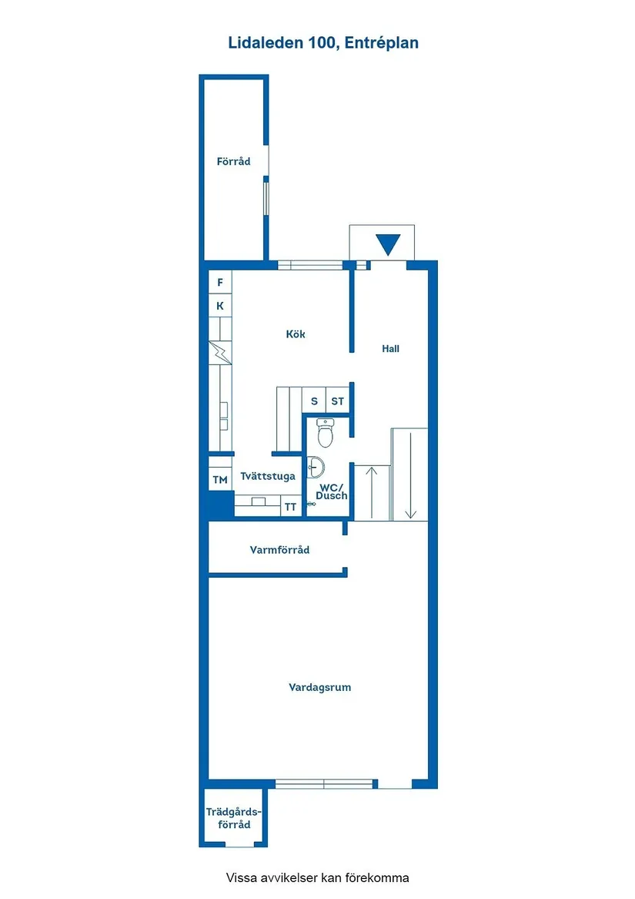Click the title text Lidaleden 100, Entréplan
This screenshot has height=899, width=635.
pyautogui.click(x=323, y=43)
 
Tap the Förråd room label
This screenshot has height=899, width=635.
pyautogui.click(x=233, y=162)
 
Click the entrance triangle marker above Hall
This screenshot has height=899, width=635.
pyautogui.click(x=388, y=244)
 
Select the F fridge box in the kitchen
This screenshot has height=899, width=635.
pyautogui.click(x=220, y=283)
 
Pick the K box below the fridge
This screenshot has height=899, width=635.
pyautogui.click(x=220, y=307)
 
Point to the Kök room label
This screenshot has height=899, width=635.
pyautogui.click(x=296, y=334)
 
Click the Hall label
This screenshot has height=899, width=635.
pyautogui.click(x=391, y=349)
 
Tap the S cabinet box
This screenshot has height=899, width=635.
pyautogui.click(x=314, y=401)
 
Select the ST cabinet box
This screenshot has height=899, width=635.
pyautogui.click(x=338, y=401)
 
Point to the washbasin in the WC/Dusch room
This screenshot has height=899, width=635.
pyautogui.click(x=315, y=466)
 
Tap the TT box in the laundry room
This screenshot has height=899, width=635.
pyautogui.click(x=290, y=507)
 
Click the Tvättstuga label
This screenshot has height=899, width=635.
pyautogui.click(x=268, y=476)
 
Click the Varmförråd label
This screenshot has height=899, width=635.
pyautogui.click(x=279, y=550)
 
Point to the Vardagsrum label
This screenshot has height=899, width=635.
pyautogui.click(x=320, y=687)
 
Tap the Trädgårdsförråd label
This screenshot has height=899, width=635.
pyautogui.click(x=234, y=818)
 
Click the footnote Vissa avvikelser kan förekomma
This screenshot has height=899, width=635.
pyautogui.click(x=317, y=877)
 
